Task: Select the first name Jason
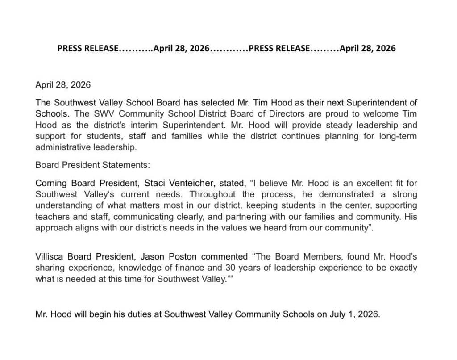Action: (153, 256)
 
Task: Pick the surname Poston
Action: (183, 256)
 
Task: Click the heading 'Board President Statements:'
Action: (93, 164)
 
